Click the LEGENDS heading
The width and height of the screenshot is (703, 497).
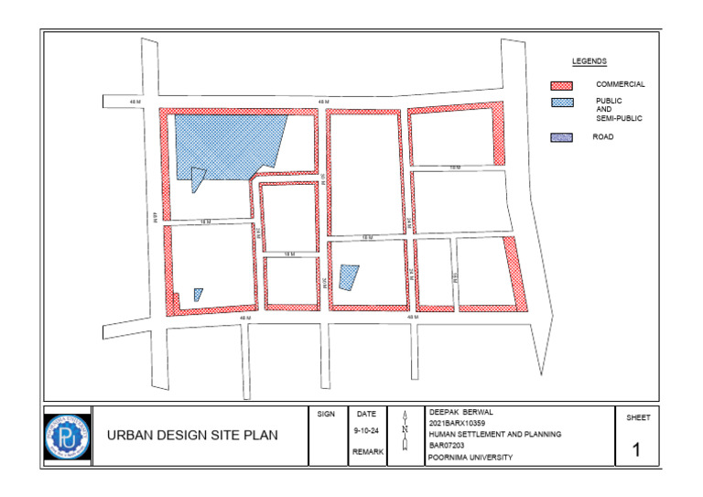click(x=589, y=61)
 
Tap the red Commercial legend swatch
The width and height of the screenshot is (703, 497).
click(x=562, y=84)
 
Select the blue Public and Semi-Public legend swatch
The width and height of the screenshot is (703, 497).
click(x=562, y=103)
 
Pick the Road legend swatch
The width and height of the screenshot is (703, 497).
click(x=562, y=137)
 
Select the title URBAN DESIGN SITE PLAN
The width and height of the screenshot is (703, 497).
click(x=192, y=435)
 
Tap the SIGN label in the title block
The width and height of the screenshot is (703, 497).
click(x=326, y=415)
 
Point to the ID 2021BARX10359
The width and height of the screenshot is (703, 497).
click(x=460, y=423)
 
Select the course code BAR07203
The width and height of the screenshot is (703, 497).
click(x=447, y=446)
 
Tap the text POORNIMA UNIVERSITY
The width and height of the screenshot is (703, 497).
click(x=470, y=457)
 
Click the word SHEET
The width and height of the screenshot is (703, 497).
click(x=638, y=417)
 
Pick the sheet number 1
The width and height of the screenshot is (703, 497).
click(x=638, y=449)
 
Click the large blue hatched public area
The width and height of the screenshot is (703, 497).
click(x=224, y=142)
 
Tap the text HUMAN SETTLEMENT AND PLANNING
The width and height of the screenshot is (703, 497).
click(x=494, y=434)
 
